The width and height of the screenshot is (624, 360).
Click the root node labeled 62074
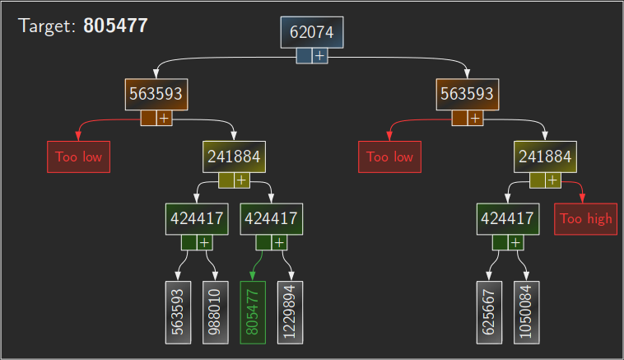pyautogui.click(x=312, y=32)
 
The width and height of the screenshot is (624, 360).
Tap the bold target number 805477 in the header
pyautogui.click(x=115, y=26)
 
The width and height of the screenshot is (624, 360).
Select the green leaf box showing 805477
pyautogui.click(x=253, y=312)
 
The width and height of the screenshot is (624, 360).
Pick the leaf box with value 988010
pyautogui.click(x=216, y=312)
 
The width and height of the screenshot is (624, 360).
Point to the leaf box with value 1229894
pyautogui.click(x=291, y=312)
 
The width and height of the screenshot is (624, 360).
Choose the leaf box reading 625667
pyautogui.click(x=489, y=312)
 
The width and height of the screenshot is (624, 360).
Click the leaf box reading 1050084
pyautogui.click(x=527, y=312)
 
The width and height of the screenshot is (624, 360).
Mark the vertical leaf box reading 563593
pyautogui.click(x=178, y=312)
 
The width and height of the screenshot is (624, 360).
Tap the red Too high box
pyautogui.click(x=585, y=218)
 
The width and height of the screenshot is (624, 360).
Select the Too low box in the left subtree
pyautogui.click(x=78, y=157)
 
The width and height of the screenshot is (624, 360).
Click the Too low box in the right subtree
pyautogui.click(x=389, y=157)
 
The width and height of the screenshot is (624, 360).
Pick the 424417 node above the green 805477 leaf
pyautogui.click(x=272, y=218)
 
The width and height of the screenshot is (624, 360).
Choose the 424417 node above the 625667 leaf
pyautogui.click(x=508, y=218)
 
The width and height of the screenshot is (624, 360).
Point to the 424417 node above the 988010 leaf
pyautogui.click(x=197, y=218)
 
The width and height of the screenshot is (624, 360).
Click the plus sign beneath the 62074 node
pyautogui.click(x=320, y=55)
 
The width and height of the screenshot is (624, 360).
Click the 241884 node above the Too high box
pyautogui.click(x=545, y=157)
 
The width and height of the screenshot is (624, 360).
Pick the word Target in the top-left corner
pyautogui.click(x=47, y=26)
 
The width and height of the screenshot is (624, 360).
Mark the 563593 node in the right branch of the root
pyautogui.click(x=468, y=94)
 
